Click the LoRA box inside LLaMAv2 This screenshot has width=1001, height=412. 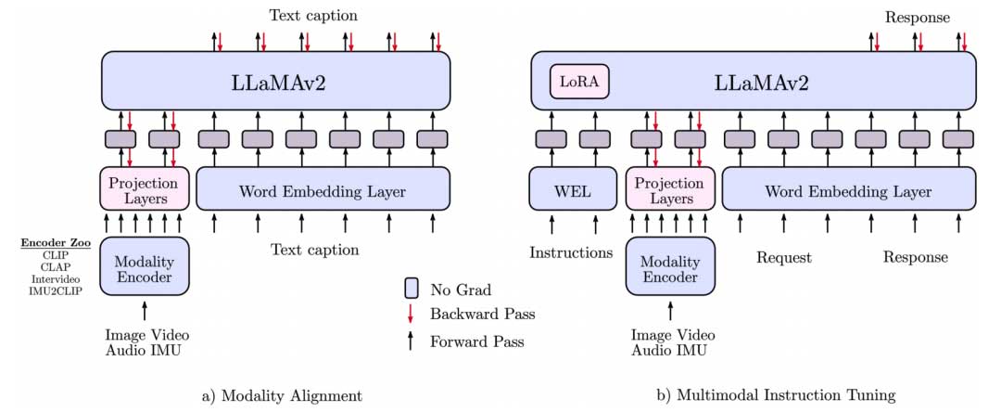tap(579, 82)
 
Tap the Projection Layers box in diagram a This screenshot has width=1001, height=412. tap(144, 190)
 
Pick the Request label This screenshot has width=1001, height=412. tap(783, 257)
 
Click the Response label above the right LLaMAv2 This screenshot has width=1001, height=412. tap(917, 16)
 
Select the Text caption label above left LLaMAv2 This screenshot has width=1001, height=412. tap(312, 15)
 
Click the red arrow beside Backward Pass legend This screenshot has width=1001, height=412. tap(412, 314)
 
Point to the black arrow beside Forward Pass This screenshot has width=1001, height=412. tap(412, 341)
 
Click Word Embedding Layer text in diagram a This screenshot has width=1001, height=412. tap(323, 191)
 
